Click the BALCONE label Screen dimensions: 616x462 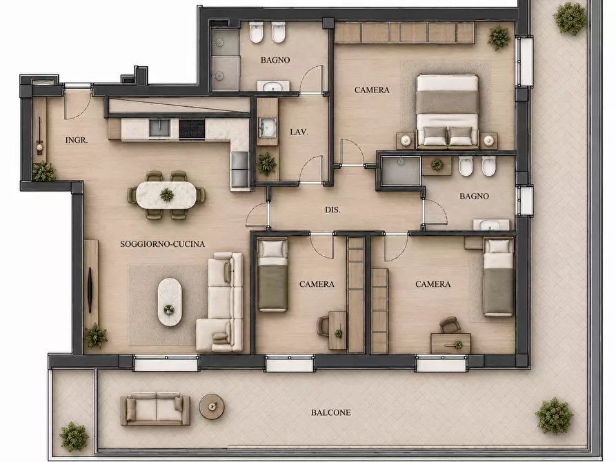pos(331,412)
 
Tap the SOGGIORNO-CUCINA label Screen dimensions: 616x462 pos(163,244)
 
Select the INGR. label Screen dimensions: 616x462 pos(77,140)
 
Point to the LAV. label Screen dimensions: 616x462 pos(299,132)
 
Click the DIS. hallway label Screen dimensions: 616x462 pos(332,210)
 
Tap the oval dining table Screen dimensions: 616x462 pos(166,195)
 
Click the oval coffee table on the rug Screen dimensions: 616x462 pos(170,302)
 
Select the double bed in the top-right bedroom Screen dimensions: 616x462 pos(447,112)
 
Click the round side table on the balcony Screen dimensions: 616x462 pos(211,407)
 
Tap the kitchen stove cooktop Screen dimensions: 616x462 pos(192,129)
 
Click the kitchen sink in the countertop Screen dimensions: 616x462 pos(159,128)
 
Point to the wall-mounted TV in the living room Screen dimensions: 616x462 pos(90,290)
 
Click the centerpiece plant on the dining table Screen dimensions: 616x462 pos(166,194)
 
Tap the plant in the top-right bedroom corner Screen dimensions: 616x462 pos(499,38)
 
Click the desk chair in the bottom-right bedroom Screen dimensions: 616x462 pos(450,325)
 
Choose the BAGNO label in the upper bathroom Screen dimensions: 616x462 pos(275,60)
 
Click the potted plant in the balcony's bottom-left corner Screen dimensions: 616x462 pos(73,436)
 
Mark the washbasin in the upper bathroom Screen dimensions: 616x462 pos(273,86)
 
